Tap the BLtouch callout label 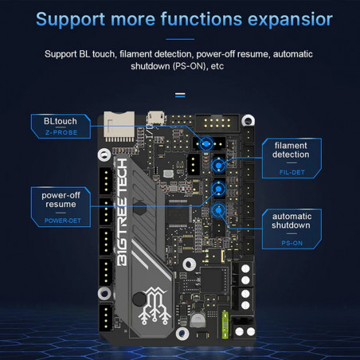pos(55,122)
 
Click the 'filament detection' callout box pos(290,150)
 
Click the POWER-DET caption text pos(61,221)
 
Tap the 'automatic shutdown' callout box pos(292,221)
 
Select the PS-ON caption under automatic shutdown pos(292,242)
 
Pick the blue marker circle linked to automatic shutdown pos(217,209)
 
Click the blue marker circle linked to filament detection pos(217,165)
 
